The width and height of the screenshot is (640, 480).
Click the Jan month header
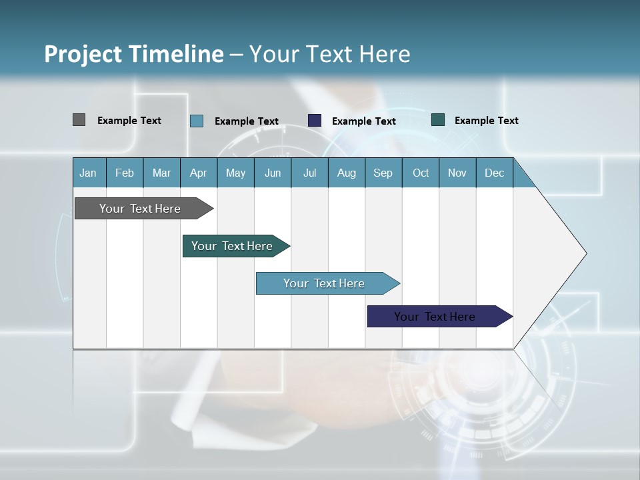click(x=89, y=173)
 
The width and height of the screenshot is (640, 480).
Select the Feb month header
click(x=125, y=173)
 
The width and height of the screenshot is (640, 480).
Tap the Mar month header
click(x=161, y=173)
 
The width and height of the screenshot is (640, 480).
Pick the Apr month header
click(x=199, y=173)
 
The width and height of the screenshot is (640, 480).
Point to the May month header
click(x=235, y=173)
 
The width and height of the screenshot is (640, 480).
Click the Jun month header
click(x=273, y=173)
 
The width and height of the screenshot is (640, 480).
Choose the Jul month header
click(x=309, y=173)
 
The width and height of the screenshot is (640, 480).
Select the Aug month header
click(x=347, y=173)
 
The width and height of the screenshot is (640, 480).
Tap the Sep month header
click(x=383, y=173)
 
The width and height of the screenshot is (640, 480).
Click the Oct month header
click(x=421, y=173)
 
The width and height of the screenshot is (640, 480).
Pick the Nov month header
click(x=457, y=173)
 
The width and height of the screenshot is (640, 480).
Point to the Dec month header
click(x=495, y=173)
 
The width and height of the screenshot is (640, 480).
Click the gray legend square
click(x=79, y=120)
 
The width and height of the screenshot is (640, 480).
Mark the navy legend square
click(x=315, y=121)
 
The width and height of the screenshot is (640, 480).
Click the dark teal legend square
click(x=438, y=120)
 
